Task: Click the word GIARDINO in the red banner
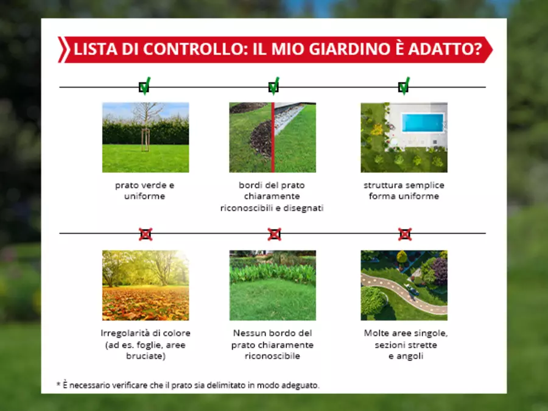[x=350, y=49]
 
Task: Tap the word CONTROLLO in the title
[x=194, y=49]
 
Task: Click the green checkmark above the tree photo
[x=145, y=86]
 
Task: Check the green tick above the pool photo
[x=404, y=86]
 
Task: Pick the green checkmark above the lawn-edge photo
[x=274, y=86]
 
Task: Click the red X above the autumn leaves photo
[x=146, y=234]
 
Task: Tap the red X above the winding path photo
[x=405, y=234]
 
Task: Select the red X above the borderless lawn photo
[x=275, y=234]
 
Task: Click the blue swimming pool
[x=423, y=122]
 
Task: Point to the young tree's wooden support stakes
[x=146, y=140]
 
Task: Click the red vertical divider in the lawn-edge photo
[x=273, y=138]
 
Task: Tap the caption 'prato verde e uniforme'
[x=145, y=191]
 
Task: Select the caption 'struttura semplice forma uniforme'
[x=404, y=191]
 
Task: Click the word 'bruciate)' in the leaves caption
[x=146, y=356]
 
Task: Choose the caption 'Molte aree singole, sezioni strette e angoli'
[x=406, y=345]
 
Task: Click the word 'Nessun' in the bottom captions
[x=248, y=333]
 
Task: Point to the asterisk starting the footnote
[x=58, y=384]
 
